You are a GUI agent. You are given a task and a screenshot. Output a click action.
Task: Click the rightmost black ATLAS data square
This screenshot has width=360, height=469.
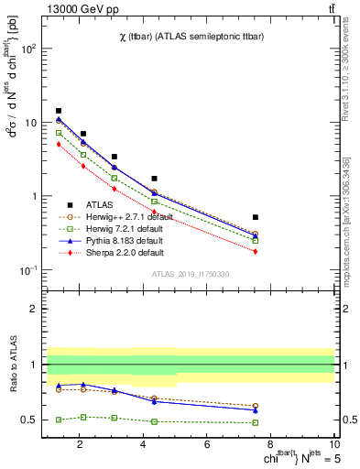point(256,217)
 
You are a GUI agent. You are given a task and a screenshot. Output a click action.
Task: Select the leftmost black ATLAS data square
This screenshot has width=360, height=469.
point(59,111)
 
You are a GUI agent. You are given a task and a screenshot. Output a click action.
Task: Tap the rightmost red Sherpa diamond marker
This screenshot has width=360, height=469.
point(256,251)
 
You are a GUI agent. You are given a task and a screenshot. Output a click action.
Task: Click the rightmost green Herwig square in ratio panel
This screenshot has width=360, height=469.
point(256,422)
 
